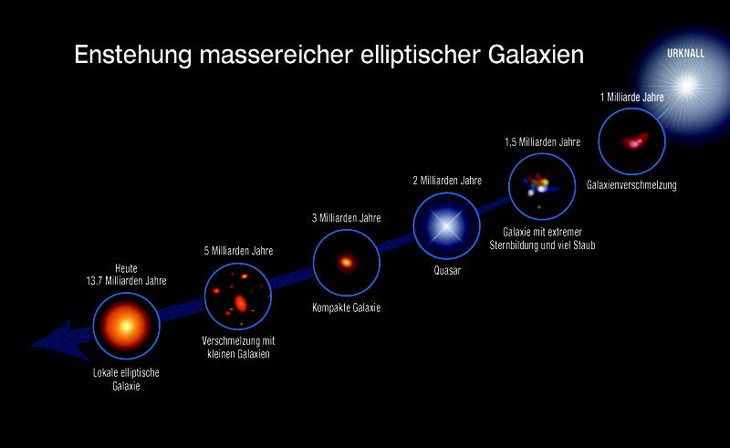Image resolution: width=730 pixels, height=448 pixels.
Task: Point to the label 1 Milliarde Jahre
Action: pos(631,97)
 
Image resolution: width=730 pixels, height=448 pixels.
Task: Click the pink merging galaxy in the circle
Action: pos(631,141)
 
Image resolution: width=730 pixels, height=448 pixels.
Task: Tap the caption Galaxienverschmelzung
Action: pos(632,186)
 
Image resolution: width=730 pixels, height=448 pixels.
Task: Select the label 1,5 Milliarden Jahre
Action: pos(543,142)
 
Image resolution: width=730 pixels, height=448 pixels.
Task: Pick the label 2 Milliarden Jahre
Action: pos(447,181)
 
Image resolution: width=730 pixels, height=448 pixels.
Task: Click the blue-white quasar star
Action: pos(446,225)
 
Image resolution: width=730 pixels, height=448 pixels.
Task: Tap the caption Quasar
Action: pos(447,271)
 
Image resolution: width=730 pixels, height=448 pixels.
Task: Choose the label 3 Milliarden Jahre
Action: pos(347,218)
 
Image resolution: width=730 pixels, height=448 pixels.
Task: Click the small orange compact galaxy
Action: pos(347,263)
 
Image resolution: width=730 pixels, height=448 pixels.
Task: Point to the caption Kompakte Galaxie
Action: pos(347,308)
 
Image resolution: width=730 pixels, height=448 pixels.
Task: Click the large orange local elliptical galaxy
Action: pos(127,326)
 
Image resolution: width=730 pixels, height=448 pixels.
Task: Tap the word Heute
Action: pos(127,268)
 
